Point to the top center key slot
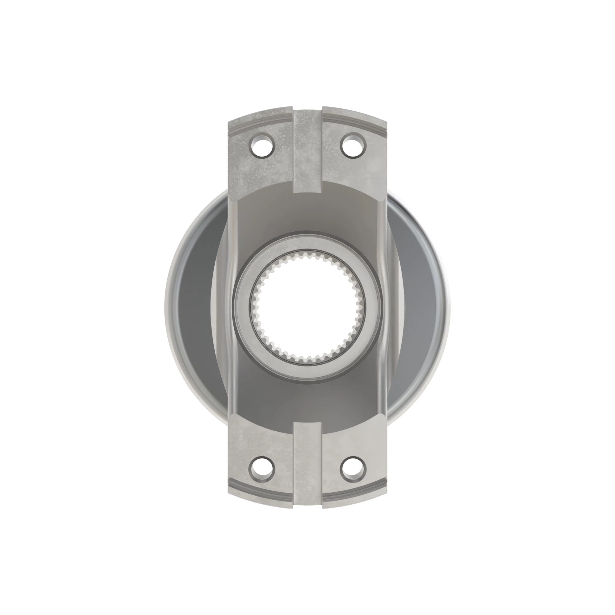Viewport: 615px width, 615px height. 307,150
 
